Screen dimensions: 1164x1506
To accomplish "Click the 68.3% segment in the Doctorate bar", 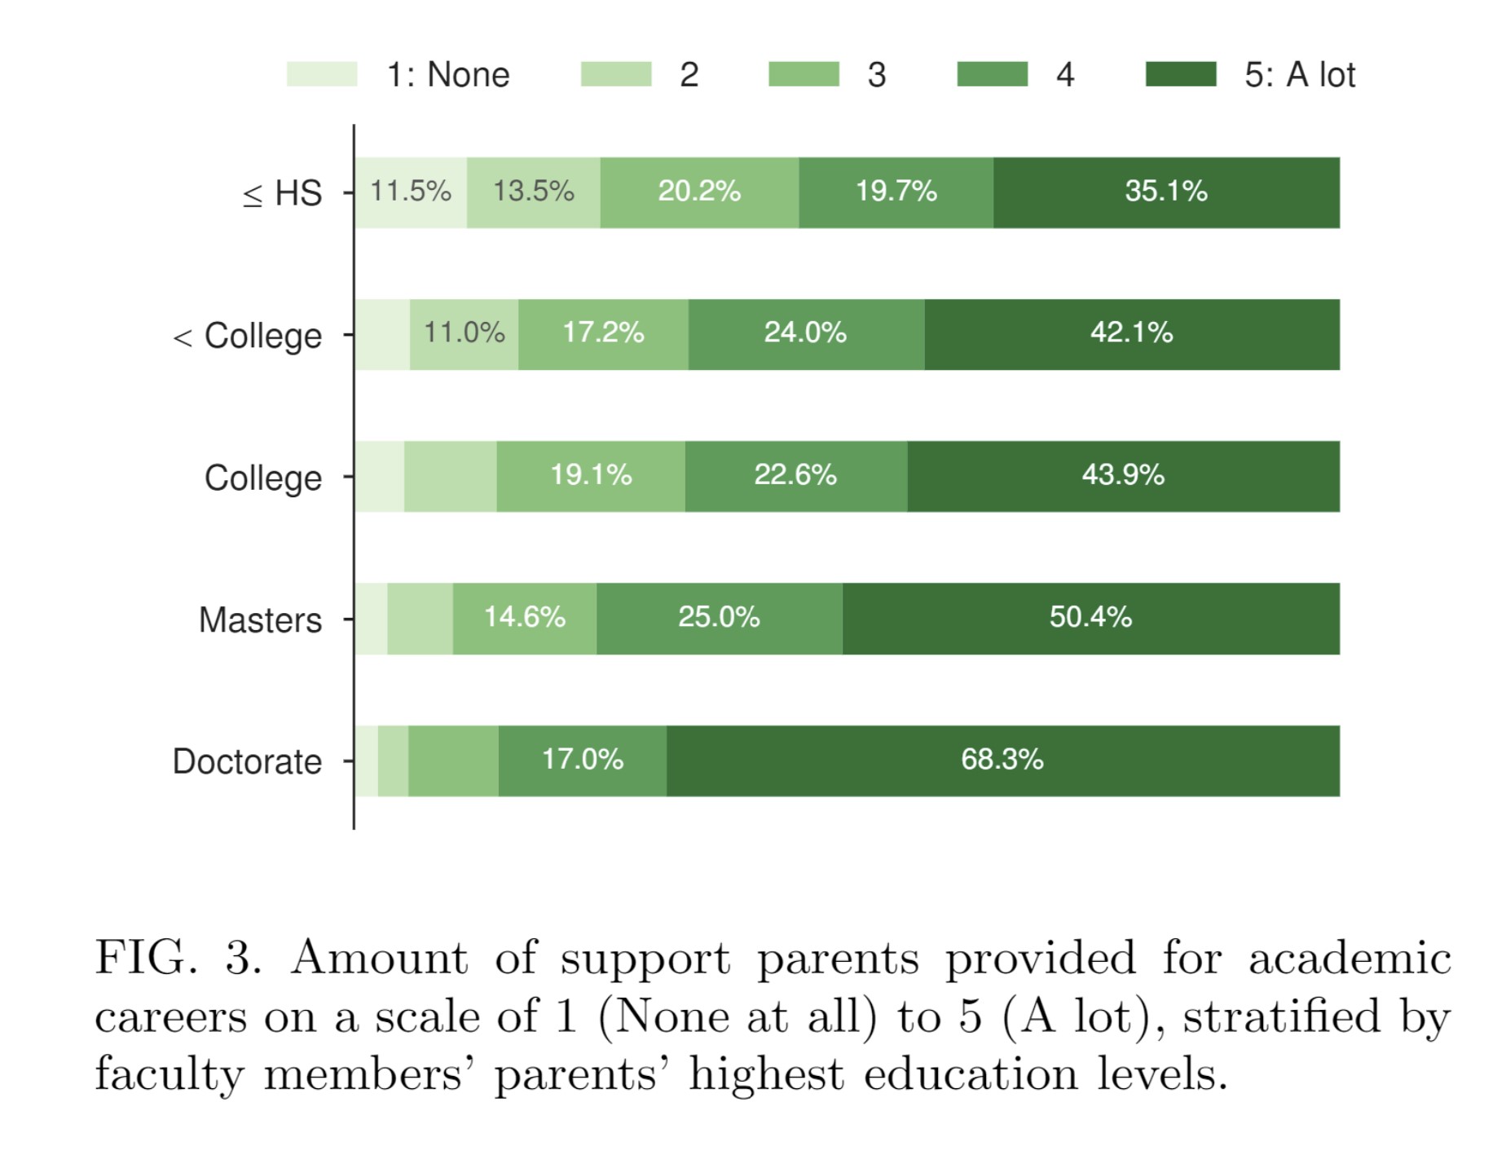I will [x=1002, y=761].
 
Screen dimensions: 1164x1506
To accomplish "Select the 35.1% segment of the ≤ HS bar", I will [x=1166, y=192].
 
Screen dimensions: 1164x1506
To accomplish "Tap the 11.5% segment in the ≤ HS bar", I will [x=411, y=192].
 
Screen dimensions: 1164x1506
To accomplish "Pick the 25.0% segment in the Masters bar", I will [x=719, y=618].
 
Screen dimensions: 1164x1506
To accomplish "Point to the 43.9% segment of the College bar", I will [x=1123, y=476].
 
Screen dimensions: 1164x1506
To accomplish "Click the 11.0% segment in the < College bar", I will [x=464, y=334].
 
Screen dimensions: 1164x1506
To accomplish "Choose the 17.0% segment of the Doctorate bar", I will [x=582, y=761].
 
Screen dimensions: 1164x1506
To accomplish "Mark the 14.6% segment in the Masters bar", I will [x=524, y=618].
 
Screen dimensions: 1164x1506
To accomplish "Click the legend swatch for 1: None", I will [x=322, y=74].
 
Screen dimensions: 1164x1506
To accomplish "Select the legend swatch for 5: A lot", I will [x=1180, y=74].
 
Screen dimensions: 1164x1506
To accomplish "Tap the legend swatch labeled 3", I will [x=804, y=74].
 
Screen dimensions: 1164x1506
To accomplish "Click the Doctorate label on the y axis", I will [x=247, y=761].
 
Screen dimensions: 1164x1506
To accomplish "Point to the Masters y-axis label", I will [x=260, y=619].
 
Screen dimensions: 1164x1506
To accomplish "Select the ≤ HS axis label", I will [x=282, y=194].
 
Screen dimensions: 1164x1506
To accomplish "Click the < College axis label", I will [x=248, y=336].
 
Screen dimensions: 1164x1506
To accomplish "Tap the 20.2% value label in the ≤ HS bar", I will [x=699, y=192].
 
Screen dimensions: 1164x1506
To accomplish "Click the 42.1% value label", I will [x=1131, y=333].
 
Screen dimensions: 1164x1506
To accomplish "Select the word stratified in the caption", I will [x=1281, y=1016].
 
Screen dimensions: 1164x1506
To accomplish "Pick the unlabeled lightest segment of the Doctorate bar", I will [x=367, y=761].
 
